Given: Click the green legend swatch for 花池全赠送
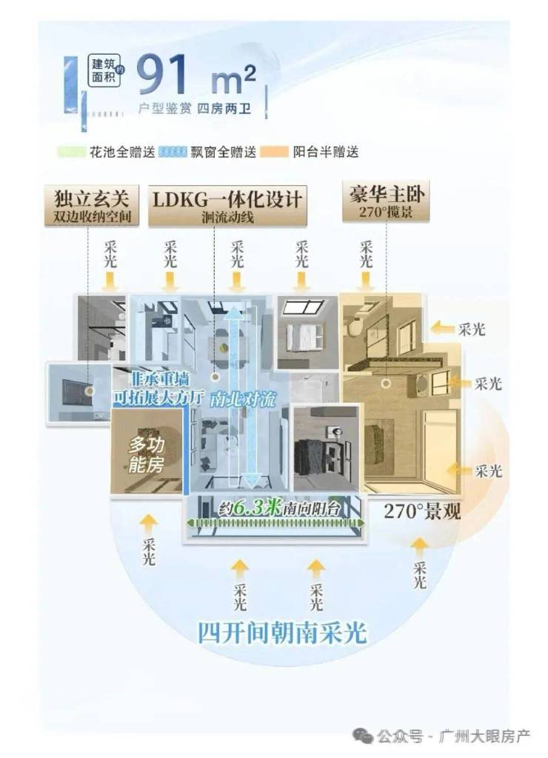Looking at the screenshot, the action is click(71, 152).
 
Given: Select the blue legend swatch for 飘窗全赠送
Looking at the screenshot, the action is click(173, 152).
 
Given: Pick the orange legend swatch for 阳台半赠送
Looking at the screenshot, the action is click(274, 152).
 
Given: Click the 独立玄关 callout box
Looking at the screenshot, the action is click(92, 206).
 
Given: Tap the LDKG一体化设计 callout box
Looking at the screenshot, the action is click(227, 206).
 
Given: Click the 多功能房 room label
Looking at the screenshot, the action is click(146, 455).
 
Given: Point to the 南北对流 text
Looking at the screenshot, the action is click(242, 399).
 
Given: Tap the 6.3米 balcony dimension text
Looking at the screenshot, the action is click(257, 508).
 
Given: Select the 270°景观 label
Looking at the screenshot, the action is click(422, 511).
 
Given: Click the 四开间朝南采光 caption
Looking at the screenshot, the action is click(282, 634).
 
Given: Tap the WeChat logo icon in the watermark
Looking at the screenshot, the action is click(363, 736).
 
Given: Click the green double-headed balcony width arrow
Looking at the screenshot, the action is click(275, 523).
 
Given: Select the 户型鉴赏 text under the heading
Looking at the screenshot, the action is click(165, 108).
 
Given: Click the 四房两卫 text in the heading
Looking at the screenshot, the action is click(224, 108).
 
